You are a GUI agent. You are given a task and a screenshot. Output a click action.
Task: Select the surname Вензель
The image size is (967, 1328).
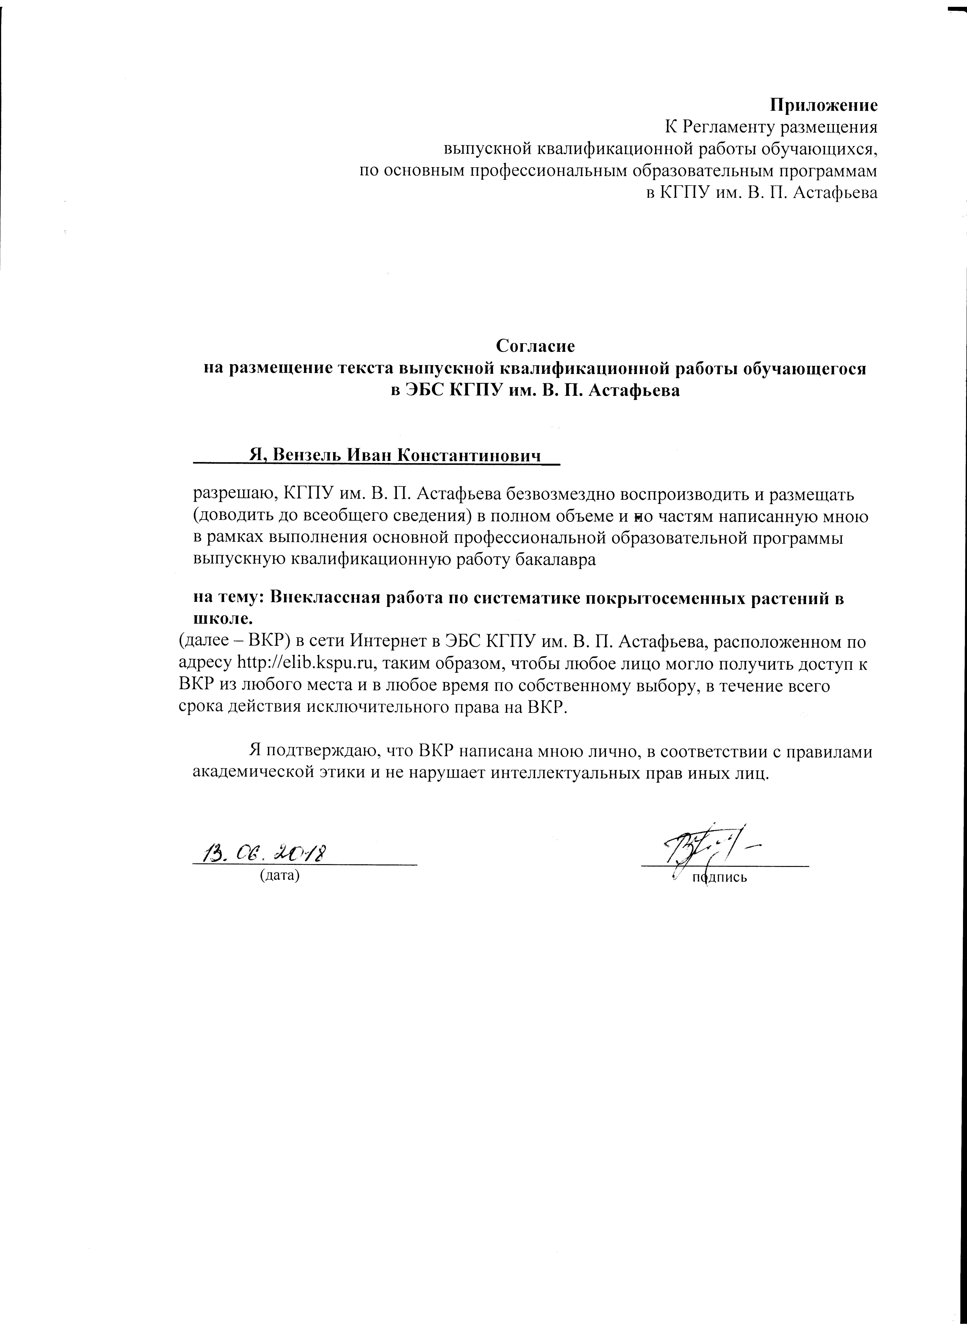tap(307, 455)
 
